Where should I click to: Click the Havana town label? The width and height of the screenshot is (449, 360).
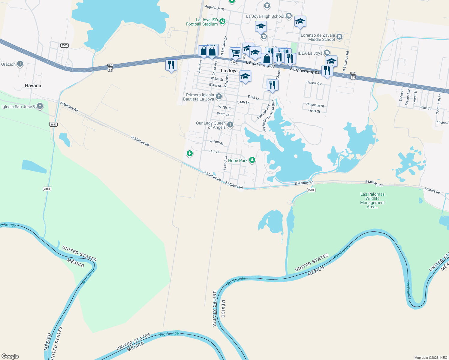point(33,85)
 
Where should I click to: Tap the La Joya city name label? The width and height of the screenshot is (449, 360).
point(229,70)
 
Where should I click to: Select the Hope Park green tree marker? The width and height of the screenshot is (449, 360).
point(252,160)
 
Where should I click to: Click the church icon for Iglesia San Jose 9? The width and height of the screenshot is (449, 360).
point(40,106)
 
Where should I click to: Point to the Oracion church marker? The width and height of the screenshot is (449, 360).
point(20,64)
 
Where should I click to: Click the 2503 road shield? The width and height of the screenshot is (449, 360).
point(65,45)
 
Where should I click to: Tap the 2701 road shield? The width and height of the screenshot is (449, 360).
point(311,190)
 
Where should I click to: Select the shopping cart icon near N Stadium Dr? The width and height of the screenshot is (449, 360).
point(236,53)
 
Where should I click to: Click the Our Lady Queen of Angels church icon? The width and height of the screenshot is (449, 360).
point(230,125)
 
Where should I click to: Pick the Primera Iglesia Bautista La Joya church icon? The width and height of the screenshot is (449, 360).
point(219,97)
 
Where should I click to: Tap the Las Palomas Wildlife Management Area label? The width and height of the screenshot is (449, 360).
point(372,200)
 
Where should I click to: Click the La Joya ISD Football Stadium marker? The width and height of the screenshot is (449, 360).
point(222,21)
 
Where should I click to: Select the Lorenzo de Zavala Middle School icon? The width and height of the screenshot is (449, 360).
point(339,37)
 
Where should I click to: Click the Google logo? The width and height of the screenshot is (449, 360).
point(10,356)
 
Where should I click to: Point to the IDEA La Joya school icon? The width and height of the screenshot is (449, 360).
point(327,53)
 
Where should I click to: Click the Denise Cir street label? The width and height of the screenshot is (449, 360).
point(314,83)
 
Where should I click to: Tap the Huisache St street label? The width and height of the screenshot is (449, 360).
point(315,105)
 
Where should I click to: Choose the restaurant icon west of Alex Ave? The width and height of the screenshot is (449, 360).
point(171,65)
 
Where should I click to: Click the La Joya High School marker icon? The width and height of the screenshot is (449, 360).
point(289,16)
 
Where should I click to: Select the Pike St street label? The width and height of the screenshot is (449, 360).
point(425,108)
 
